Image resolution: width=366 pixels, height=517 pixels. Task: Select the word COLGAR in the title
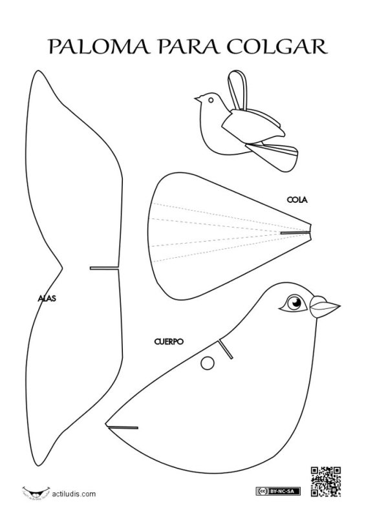coord(277,46)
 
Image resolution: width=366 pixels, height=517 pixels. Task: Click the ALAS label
coord(47,299)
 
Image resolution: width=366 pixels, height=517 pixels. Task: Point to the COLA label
coord(297,200)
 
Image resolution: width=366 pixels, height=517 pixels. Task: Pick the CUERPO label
coord(169,342)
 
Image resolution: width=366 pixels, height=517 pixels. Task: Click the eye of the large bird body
coord(294,302)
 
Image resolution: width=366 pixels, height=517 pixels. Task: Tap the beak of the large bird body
coord(325,307)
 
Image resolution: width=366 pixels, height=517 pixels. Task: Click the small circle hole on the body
coord(208,363)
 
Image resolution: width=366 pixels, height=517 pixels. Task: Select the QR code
coord(326,481)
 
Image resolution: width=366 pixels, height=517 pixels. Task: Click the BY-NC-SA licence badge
coord(278,491)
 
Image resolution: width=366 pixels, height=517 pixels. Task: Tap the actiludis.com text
coord(74,494)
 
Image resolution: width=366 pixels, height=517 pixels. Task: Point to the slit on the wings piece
coord(104,268)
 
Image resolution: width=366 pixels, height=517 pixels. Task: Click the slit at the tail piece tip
coord(296,233)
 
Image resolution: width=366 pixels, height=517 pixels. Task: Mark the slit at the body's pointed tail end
coord(122,427)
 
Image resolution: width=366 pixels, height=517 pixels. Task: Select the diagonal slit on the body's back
coord(226,349)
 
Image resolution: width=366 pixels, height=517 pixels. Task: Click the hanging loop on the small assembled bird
coord(237,90)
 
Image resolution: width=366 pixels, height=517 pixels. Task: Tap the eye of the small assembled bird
coord(211,100)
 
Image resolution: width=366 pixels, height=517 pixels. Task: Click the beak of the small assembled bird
coord(198,98)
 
